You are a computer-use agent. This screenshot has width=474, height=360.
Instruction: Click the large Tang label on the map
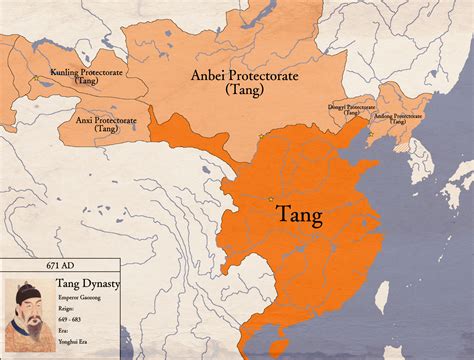tap(299, 216)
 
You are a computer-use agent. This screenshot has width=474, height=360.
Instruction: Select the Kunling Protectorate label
tap(74, 77)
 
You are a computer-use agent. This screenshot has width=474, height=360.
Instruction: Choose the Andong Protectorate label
tap(398, 117)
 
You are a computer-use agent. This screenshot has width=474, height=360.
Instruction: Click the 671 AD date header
tap(61, 264)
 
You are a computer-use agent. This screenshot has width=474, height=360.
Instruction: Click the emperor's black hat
tap(29, 291)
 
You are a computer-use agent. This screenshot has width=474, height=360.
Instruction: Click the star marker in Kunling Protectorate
tap(35, 78)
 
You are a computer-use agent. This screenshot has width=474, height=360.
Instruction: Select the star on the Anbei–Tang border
tap(261, 136)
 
